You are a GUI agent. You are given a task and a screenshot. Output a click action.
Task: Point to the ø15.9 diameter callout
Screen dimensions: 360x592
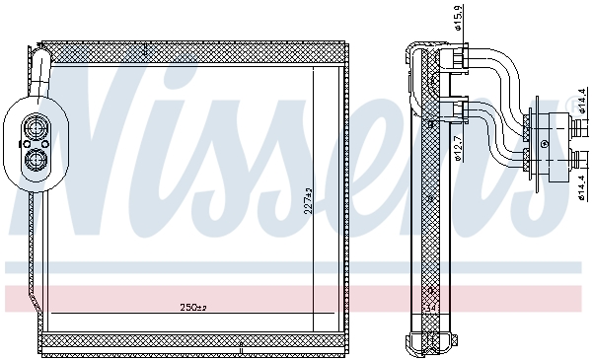coord(457,19)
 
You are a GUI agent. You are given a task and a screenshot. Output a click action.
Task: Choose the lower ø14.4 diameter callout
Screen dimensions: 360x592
coord(582,182)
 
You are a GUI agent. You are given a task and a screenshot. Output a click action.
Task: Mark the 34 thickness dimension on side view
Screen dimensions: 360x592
coord(430,307)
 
